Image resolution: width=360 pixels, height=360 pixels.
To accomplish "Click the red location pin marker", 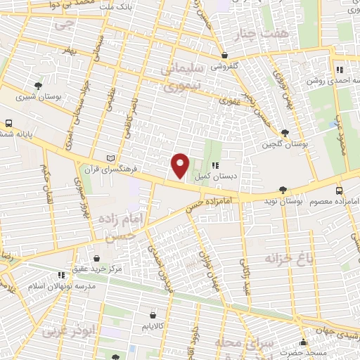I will tap(180, 166).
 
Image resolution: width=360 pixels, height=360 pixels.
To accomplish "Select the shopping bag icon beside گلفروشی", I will tap(224, 55).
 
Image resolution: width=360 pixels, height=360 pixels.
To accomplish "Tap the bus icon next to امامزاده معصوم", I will tap(340, 190).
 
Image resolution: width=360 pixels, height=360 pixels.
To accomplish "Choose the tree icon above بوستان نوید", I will tap(283, 189).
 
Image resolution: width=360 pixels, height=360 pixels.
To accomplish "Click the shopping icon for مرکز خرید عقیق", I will tap(97, 258).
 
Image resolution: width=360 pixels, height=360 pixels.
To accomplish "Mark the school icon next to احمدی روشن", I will tap(339, 70).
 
